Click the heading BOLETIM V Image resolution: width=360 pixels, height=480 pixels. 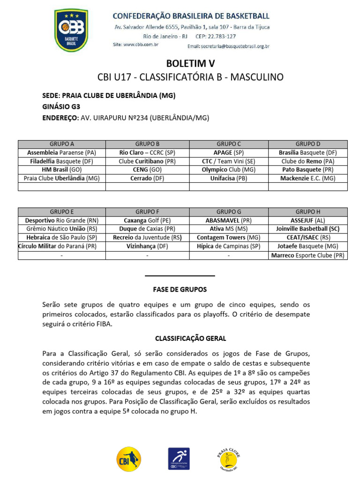pos(190,63)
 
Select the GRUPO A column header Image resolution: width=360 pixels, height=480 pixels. pos(62,144)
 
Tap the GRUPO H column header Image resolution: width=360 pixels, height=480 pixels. pos(307,212)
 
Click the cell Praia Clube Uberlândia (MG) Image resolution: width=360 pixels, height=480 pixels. pos(62,178)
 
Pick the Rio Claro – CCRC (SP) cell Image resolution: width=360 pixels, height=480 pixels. pos(147,153)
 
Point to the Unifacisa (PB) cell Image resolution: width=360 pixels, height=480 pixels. pos(229,178)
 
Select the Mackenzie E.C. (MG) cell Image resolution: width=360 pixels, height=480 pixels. pos(307,178)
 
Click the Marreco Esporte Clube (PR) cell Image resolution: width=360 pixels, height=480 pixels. pos(307,255)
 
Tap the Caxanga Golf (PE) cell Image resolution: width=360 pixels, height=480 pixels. pos(147,220)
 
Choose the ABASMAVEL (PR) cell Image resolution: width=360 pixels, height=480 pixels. pos(229,220)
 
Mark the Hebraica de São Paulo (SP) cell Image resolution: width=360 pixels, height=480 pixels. pos(62,238)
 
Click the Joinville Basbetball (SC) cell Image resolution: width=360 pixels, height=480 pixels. pos(307,229)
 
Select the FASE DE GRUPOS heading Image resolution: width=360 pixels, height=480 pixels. pos(180,290)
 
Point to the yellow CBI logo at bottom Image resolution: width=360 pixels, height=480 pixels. pos(128,458)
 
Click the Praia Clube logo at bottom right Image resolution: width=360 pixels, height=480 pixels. pos(229,458)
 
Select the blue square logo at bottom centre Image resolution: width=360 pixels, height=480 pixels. pos(179,458)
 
